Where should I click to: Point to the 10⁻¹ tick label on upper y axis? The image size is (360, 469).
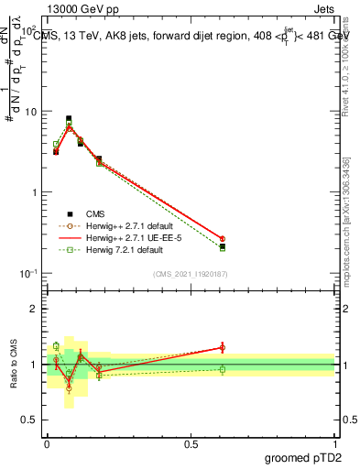pyautogui.click(x=29, y=273)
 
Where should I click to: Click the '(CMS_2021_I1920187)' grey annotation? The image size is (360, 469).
pyautogui.click(x=191, y=274)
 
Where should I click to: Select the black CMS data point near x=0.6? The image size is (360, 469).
pyautogui.click(x=223, y=245)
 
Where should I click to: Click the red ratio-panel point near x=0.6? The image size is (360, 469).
pyautogui.click(x=223, y=347)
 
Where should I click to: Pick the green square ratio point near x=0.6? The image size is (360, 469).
pyautogui.click(x=223, y=369)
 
